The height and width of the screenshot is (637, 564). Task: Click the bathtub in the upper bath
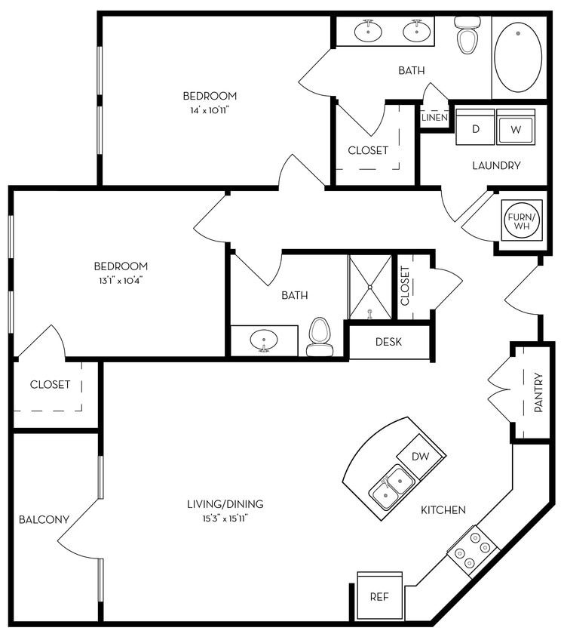tap(520, 57)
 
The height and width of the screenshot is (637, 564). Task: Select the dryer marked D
tap(476, 129)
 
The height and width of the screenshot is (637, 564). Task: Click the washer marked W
tap(516, 129)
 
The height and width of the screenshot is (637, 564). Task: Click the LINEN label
tap(434, 118)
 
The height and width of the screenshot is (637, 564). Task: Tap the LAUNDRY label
tap(496, 165)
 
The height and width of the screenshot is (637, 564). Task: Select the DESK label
tap(388, 342)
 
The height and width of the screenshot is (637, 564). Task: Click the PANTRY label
tap(538, 392)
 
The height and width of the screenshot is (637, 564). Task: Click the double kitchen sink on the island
tap(391, 487)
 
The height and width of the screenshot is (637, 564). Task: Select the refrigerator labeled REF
tap(379, 596)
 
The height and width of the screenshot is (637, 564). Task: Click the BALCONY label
tap(44, 519)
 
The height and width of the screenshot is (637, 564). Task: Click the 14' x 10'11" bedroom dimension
tap(210, 110)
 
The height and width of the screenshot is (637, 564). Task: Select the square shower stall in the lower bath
tap(369, 287)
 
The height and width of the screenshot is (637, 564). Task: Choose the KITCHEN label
tap(443, 510)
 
